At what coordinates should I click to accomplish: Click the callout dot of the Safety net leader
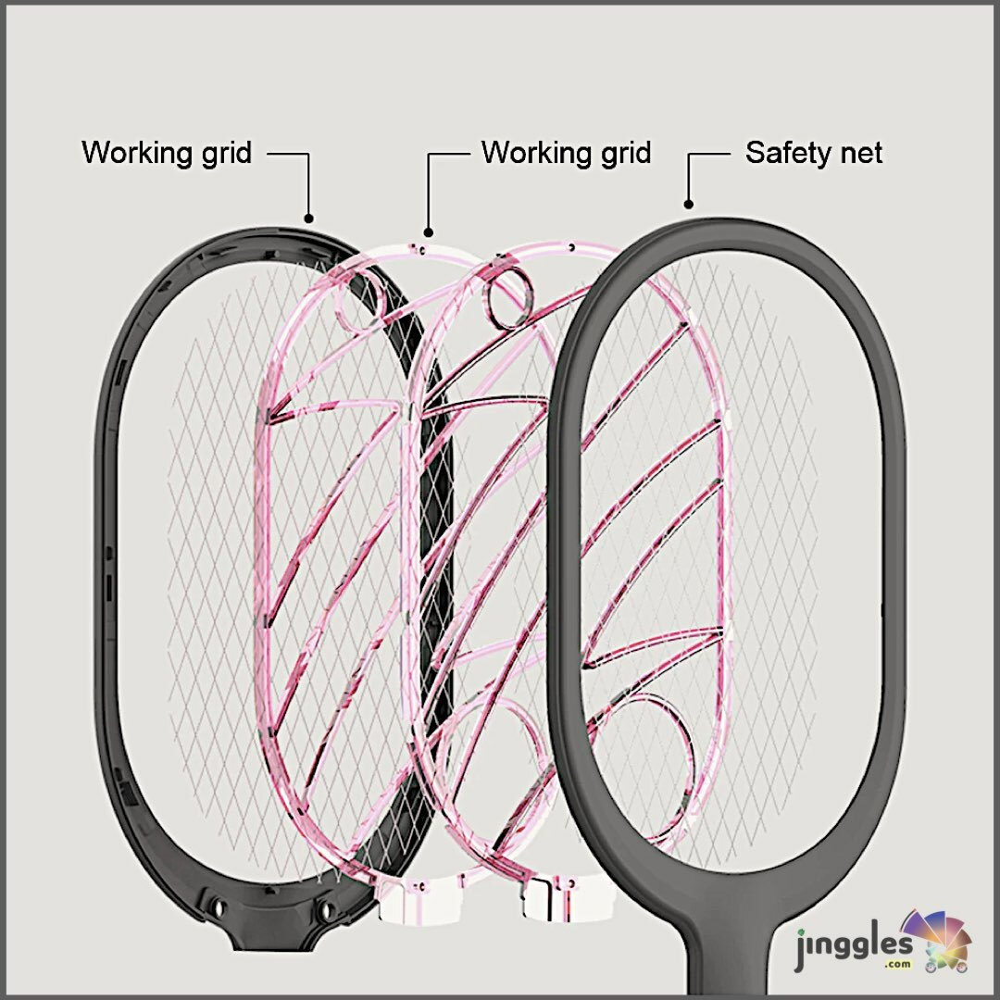click(688, 204)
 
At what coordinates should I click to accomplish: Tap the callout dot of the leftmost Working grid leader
click(308, 219)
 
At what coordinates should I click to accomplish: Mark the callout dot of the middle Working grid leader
click(428, 231)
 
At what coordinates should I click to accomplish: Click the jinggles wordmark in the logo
click(853, 950)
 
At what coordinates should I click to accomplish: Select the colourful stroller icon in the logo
click(939, 940)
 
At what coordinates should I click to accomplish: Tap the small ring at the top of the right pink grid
click(507, 297)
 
